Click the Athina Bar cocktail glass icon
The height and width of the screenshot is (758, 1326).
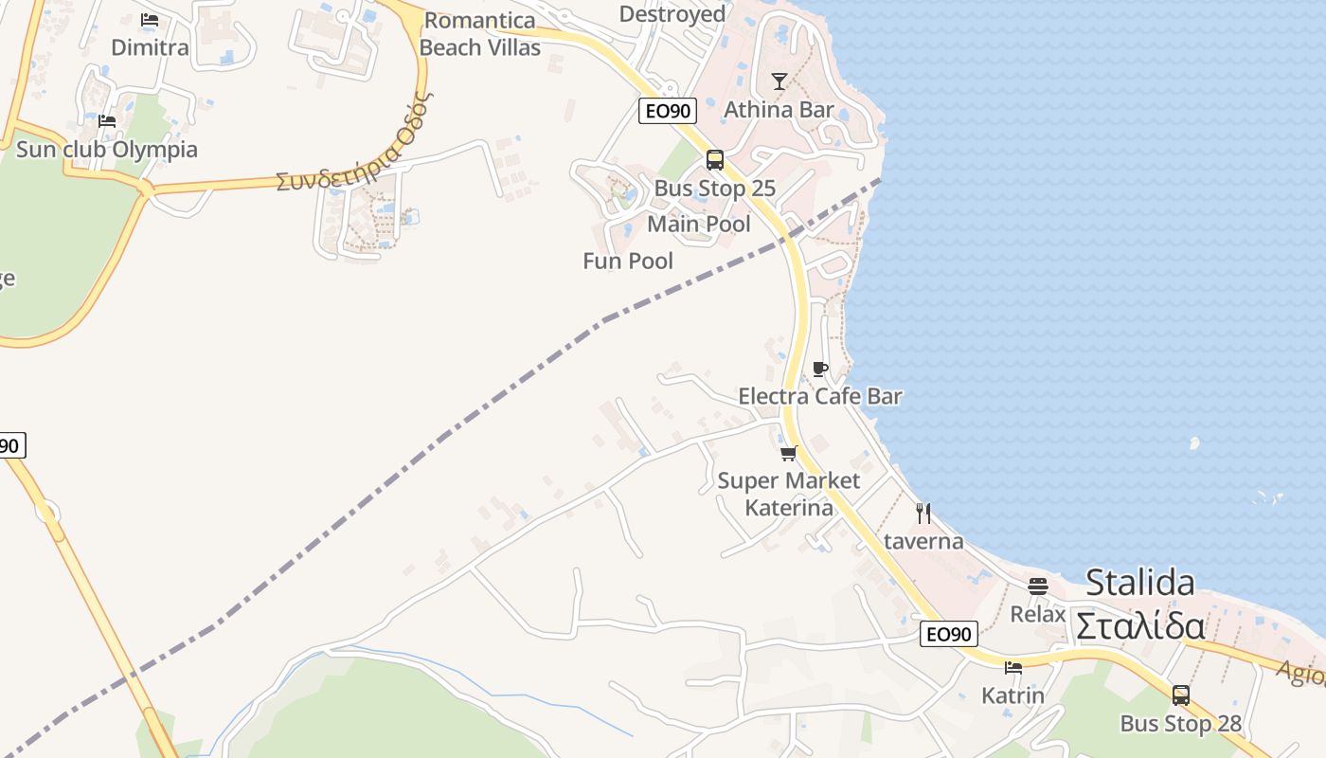[x=779, y=81]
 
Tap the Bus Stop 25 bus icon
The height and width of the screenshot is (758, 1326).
[x=715, y=159]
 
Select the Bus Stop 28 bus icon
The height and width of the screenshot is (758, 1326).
[x=1180, y=695]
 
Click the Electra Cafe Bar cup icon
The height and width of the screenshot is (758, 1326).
[x=820, y=369]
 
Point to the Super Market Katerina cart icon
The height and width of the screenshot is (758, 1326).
[x=789, y=453]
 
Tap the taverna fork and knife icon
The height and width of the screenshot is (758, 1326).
[x=923, y=514]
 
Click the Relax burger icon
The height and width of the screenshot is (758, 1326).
[x=1038, y=586]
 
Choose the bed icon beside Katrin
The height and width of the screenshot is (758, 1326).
[x=1013, y=667]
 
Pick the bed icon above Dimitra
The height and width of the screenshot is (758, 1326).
[x=150, y=19]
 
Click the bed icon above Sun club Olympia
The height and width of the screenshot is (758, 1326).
[x=107, y=120]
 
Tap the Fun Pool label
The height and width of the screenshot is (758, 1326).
[x=628, y=261]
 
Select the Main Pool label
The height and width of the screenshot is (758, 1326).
[x=699, y=225]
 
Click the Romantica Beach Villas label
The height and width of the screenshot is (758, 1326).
[x=480, y=34]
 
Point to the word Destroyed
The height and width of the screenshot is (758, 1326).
[x=672, y=14]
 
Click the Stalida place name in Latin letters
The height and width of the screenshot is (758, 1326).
[x=1140, y=582]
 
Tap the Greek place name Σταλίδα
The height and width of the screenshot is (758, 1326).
[x=1140, y=626]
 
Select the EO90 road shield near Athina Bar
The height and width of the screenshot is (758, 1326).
[x=668, y=111]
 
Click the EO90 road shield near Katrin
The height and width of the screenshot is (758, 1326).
[x=948, y=634]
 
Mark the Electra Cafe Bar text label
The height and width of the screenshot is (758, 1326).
[x=820, y=396]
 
